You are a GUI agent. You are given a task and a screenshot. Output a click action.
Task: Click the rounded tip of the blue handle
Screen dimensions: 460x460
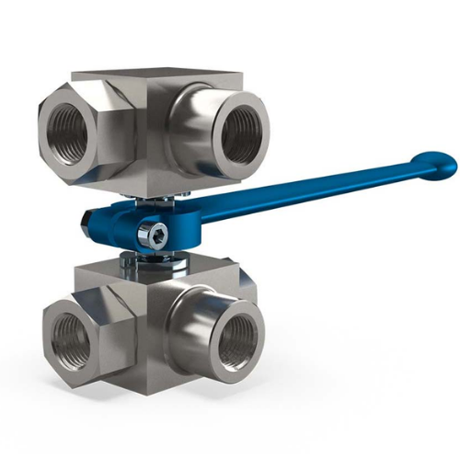(435, 165)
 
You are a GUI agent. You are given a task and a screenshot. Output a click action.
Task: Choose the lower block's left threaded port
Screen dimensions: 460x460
(69, 336)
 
